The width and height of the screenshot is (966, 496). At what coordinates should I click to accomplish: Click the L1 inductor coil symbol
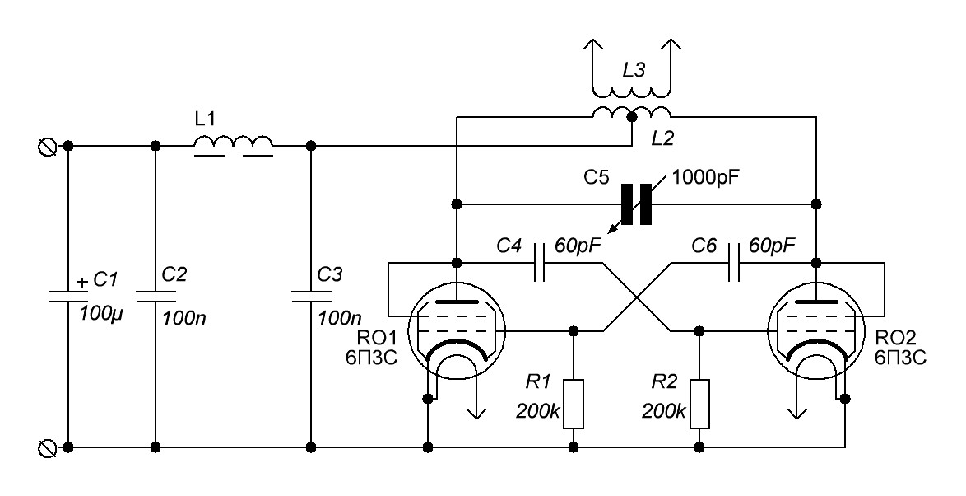[x=234, y=146]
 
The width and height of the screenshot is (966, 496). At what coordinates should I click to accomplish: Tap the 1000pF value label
[x=705, y=178]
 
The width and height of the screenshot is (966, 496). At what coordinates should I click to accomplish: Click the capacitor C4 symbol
[x=540, y=262]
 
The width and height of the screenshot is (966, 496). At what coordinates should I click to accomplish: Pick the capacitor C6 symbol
[x=734, y=262]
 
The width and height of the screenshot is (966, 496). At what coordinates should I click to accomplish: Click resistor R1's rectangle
[x=574, y=404]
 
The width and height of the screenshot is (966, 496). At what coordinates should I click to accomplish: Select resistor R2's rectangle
[x=699, y=404]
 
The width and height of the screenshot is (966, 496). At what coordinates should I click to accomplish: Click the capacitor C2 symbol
[x=156, y=296]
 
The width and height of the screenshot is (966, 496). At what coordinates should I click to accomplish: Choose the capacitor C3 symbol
[x=311, y=296]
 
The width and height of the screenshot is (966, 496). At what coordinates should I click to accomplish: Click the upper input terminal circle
[x=48, y=146]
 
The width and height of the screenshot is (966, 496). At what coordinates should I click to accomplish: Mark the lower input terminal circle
[x=48, y=447]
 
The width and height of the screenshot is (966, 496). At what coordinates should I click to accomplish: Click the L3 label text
[x=634, y=71]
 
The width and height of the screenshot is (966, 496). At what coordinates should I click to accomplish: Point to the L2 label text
[x=663, y=139]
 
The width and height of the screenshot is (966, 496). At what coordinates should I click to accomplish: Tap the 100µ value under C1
[x=102, y=313]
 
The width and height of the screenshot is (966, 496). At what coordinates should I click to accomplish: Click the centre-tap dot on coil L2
[x=631, y=117]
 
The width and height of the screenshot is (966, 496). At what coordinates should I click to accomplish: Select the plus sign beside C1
[x=82, y=282]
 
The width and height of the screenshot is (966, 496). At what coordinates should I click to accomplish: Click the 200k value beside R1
[x=538, y=410]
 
